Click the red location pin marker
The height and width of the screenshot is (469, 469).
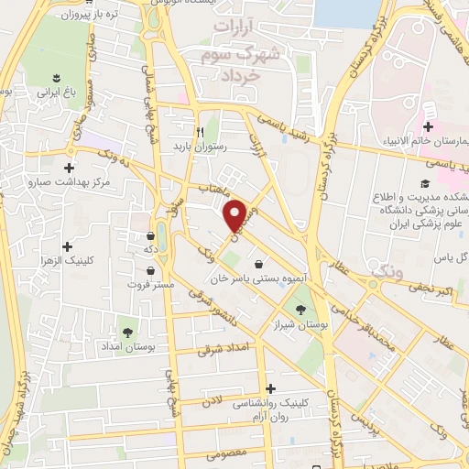[235, 214]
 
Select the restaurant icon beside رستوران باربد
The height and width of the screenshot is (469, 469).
[199, 130]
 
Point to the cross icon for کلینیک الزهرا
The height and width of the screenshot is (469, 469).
[67, 245]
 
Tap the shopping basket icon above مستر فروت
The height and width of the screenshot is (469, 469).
[149, 270]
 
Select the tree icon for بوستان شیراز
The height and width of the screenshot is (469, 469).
[300, 310]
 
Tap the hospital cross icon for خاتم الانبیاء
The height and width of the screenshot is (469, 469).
[427, 125]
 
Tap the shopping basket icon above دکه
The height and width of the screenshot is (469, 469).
[149, 234]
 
